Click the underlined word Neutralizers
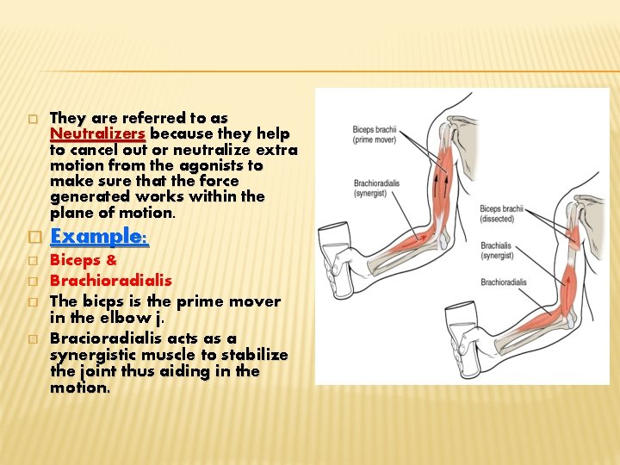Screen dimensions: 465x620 click(98, 133)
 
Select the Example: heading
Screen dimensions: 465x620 click(99, 236)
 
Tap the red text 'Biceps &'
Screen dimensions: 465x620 click(84, 260)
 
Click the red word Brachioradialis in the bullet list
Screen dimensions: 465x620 click(111, 281)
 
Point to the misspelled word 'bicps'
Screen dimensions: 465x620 click(99, 301)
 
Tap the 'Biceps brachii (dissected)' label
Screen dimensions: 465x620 click(501, 214)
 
